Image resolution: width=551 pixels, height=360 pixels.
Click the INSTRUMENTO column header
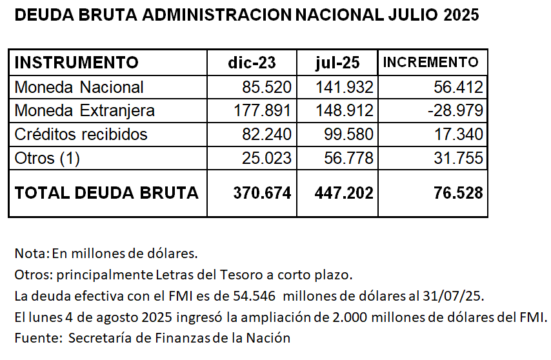76,63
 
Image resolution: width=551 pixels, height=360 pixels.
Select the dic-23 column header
252,63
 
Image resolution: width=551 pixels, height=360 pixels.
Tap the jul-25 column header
337,63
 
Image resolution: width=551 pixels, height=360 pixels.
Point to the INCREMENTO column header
431,63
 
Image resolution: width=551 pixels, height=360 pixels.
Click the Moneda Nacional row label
79,87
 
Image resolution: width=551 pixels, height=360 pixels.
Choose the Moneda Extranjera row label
85,111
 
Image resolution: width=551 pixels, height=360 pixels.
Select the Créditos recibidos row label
81,134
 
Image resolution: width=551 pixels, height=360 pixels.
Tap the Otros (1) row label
47,158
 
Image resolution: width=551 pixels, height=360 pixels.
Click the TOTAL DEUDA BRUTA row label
106,192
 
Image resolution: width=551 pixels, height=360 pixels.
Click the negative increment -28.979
455,111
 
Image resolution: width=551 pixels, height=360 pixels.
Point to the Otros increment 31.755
459,158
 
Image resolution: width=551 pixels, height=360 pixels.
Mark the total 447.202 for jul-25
344,192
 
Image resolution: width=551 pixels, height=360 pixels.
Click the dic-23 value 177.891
262,111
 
